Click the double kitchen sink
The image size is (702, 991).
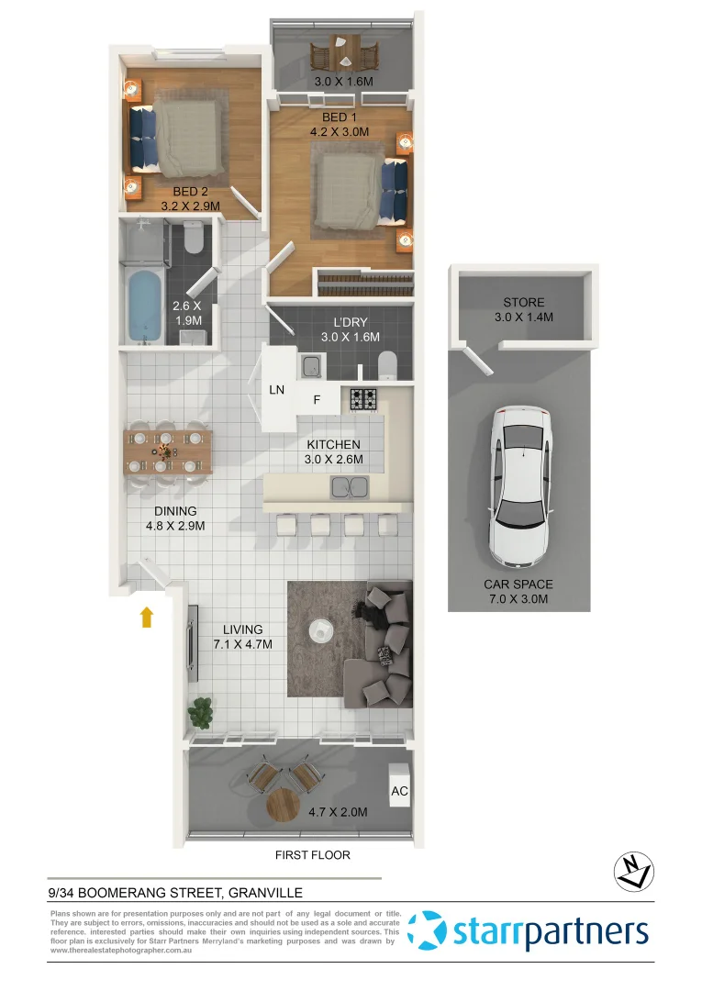point(349,486)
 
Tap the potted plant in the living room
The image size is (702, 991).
point(201,710)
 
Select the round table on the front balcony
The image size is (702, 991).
point(284,807)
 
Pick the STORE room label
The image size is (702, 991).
point(524,302)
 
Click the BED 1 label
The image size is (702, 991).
point(334,117)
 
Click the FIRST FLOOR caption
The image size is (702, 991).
point(313,855)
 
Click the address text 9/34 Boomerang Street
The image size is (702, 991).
point(175,891)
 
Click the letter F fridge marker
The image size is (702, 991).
point(317,400)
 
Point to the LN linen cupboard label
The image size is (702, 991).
point(277,389)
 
